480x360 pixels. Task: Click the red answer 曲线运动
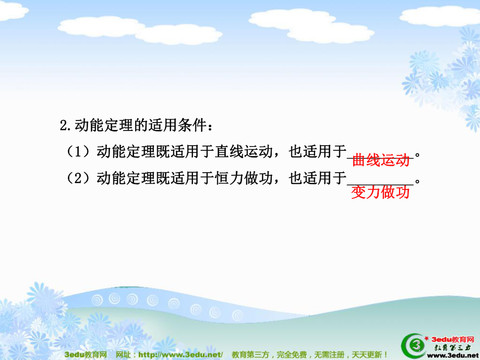[x=381, y=160]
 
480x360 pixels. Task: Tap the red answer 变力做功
[x=380, y=192]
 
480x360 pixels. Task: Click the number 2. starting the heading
[x=66, y=125]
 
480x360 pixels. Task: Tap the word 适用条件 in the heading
[x=177, y=125]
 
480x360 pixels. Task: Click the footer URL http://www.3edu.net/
[x=181, y=354]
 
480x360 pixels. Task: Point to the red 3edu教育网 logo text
[x=452, y=339]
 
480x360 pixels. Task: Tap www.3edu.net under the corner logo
[x=453, y=355]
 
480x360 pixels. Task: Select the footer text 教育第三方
[x=250, y=354]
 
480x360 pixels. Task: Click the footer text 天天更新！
[x=370, y=354]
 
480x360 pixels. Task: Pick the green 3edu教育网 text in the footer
[x=86, y=354]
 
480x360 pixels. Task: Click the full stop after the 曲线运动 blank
[x=417, y=155]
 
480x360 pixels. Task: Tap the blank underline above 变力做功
[x=380, y=185]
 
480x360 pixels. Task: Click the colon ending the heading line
[x=210, y=126]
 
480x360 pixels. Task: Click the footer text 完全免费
[x=292, y=354]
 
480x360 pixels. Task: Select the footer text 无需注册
[x=329, y=354]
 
